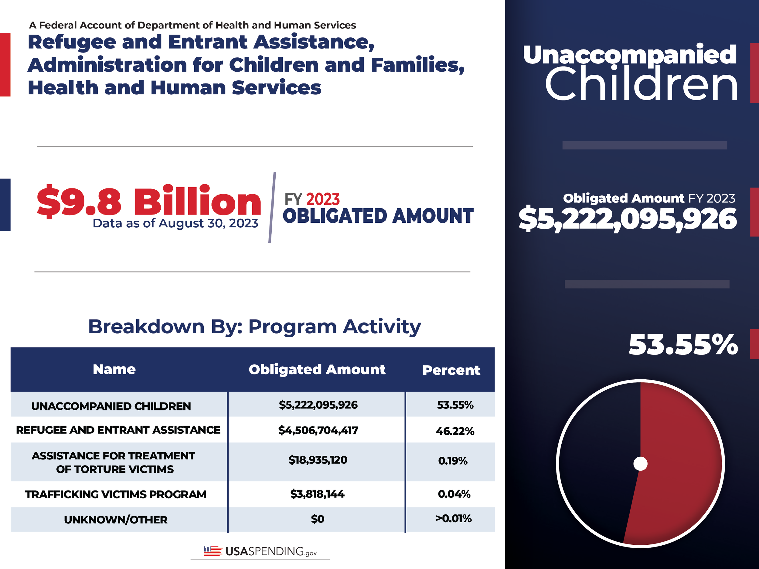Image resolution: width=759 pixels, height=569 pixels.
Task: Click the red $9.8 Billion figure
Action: pyautogui.click(x=148, y=201)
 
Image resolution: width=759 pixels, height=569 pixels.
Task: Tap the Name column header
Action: pyautogui.click(x=114, y=369)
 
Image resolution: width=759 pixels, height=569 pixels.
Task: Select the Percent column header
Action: pyautogui.click(x=451, y=370)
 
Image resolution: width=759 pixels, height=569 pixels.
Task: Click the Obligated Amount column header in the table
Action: pyautogui.click(x=317, y=370)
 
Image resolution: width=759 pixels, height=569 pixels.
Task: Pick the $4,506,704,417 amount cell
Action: pyautogui.click(x=318, y=430)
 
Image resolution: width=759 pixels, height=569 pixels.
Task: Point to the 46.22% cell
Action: pyautogui.click(x=455, y=431)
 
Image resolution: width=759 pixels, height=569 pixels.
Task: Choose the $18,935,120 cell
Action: pyautogui.click(x=318, y=460)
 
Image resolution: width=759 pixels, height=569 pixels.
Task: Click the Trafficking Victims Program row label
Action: pyautogui.click(x=116, y=495)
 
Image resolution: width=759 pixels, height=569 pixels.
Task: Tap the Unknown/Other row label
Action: pyautogui.click(x=116, y=520)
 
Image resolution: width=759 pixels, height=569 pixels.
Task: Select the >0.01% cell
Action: pyautogui.click(x=454, y=518)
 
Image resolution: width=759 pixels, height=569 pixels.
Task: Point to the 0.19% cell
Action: pyautogui.click(x=453, y=461)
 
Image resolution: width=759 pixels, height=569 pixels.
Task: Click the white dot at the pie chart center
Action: pyautogui.click(x=640, y=464)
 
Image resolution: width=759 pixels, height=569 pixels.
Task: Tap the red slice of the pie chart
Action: pyautogui.click(x=679, y=463)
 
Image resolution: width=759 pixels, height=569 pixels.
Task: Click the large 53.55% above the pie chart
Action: pyautogui.click(x=683, y=344)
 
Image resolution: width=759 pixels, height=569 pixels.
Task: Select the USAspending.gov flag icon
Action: pyautogui.click(x=213, y=551)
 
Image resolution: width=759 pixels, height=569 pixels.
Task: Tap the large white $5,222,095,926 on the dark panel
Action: pyautogui.click(x=628, y=219)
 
